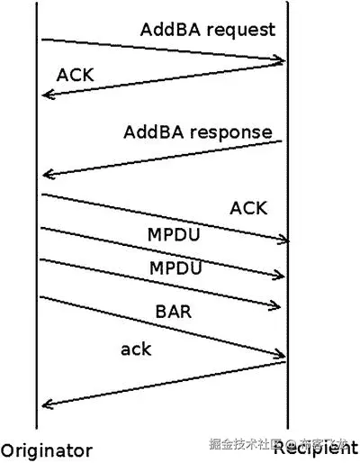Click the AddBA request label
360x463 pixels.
[x=208, y=30]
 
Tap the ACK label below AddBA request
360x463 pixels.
[x=74, y=74]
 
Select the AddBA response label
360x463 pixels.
[x=198, y=132]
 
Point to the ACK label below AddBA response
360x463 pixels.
[x=248, y=208]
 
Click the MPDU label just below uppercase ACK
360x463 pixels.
[x=175, y=235]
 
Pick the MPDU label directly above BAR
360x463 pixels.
[x=175, y=268]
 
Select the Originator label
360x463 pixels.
[x=47, y=449]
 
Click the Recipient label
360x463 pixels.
[x=315, y=448]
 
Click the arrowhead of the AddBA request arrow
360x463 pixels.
[x=282, y=61]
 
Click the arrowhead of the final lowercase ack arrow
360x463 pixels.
[x=46, y=405]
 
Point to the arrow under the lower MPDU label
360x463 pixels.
[x=162, y=284]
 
